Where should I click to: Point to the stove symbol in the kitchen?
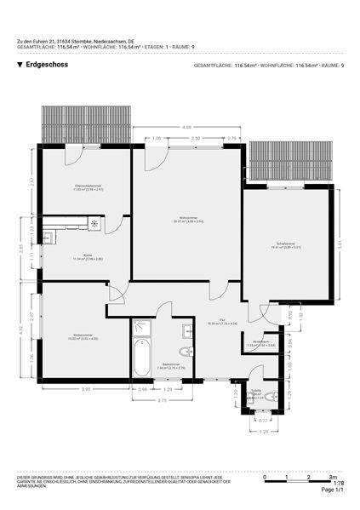point(94,225)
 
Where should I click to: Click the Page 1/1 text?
point(332,491)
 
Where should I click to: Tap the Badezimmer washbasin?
point(186,329)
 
